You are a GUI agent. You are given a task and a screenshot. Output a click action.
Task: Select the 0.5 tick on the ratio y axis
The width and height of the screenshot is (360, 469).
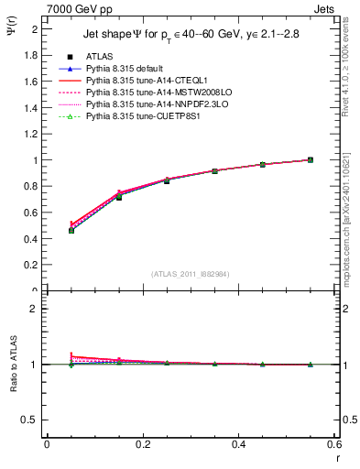tap(33, 420)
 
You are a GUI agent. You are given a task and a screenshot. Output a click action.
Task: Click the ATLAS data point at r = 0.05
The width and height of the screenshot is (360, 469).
tap(71, 230)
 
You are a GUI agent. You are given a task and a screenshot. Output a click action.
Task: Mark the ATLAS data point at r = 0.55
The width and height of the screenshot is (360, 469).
tap(311, 159)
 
